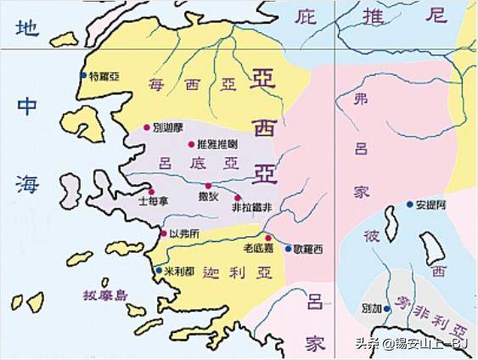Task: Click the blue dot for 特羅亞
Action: click(x=83, y=76)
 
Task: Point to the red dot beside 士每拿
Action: click(x=151, y=192)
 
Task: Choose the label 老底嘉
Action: click(x=256, y=249)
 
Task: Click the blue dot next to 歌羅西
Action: click(x=288, y=248)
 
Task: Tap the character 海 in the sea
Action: click(x=29, y=183)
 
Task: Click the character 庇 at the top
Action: click(x=306, y=15)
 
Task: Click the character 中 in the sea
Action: click(x=29, y=105)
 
